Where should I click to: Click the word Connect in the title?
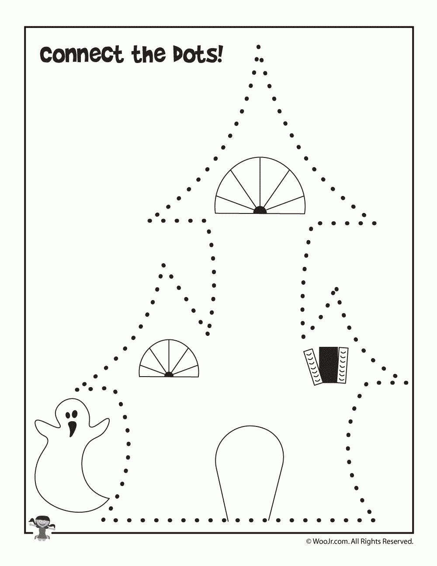point(81,55)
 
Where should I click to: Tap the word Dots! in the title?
point(198,54)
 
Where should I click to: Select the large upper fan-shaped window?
point(260,185)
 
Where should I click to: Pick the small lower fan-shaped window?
point(169,358)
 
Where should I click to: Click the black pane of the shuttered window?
point(329,365)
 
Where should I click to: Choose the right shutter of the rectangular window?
point(343,365)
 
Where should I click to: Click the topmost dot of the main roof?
point(258,47)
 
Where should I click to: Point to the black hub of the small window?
point(169,374)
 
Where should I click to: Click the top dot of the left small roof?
point(163,266)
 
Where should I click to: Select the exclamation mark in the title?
point(220,54)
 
